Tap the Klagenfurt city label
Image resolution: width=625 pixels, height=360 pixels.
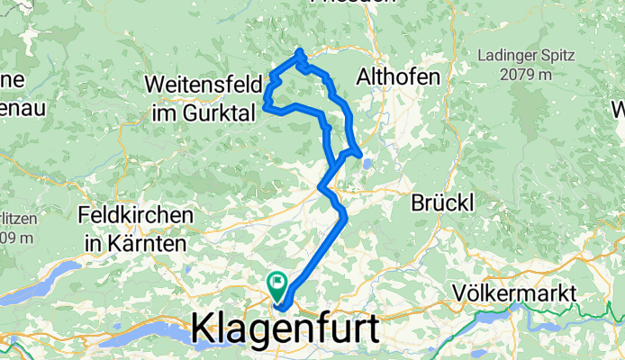[x=285, y=329]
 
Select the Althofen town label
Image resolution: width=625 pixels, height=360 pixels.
[x=397, y=77]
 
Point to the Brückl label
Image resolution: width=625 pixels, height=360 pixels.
[x=442, y=203]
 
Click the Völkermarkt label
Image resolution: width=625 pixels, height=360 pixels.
[x=515, y=293]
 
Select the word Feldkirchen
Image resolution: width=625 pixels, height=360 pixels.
[x=135, y=216]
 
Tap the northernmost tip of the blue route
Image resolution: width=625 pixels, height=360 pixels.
[x=298, y=50]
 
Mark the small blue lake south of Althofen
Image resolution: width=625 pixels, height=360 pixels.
[x=368, y=163]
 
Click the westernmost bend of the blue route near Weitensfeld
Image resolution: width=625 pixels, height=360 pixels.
[x=266, y=106]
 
